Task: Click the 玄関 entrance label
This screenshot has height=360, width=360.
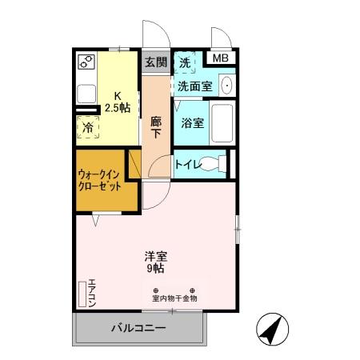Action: [156, 62]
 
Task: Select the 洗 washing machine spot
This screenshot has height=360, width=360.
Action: [185, 62]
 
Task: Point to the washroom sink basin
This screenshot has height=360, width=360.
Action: [226, 85]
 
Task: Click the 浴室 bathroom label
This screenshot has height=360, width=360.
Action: [192, 123]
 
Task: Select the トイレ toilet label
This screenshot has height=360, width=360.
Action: [188, 165]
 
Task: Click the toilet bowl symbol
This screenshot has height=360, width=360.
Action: [211, 165]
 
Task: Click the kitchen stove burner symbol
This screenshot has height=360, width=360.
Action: [86, 62]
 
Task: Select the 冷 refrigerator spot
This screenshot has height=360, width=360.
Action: [86, 127]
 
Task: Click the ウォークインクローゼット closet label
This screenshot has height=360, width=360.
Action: [100, 179]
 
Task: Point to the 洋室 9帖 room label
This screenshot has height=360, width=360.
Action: [155, 263]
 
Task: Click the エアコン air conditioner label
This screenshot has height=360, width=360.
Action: [92, 293]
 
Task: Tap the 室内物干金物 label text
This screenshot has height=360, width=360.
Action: [174, 298]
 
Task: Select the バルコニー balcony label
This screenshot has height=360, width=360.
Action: [137, 328]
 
